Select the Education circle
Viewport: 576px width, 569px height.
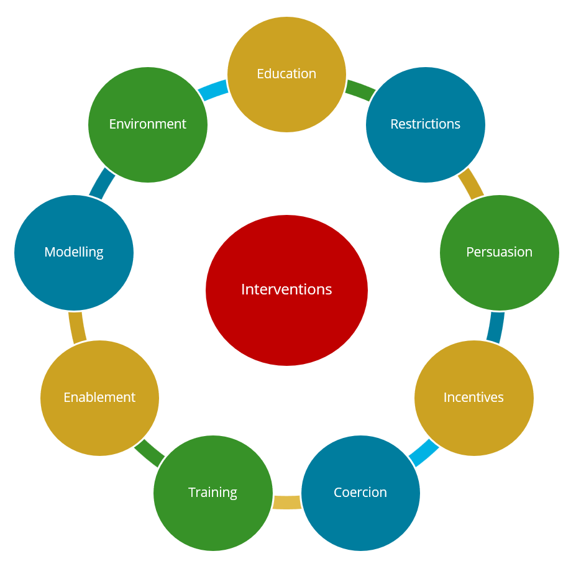pyautogui.click(x=286, y=93)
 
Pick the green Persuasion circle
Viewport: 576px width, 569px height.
pyautogui.click(x=499, y=273)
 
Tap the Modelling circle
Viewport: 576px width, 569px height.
pyautogui.click(x=74, y=273)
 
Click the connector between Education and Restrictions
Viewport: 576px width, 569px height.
pyautogui.click(x=360, y=91)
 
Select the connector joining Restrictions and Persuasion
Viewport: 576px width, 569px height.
pyautogui.click(x=471, y=184)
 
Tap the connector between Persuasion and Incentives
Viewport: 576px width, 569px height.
pyautogui.click(x=495, y=327)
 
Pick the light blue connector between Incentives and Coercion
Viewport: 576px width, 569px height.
pyautogui.click(x=423, y=452)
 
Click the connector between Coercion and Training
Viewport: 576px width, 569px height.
pyautogui.click(x=286, y=502)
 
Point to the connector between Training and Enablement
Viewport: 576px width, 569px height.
pyautogui.click(x=149, y=453)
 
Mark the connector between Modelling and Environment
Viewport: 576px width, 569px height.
pyautogui.click(x=102, y=184)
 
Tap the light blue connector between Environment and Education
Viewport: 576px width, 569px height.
pyautogui.click(x=213, y=91)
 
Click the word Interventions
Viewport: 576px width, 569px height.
pyautogui.click(x=286, y=289)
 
